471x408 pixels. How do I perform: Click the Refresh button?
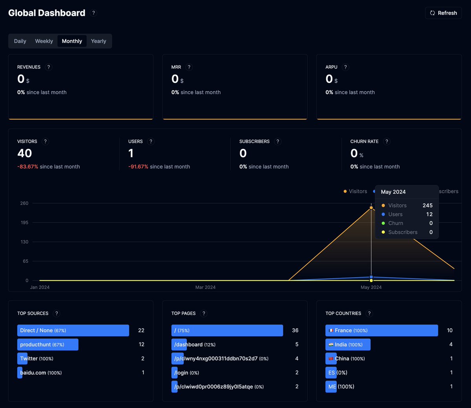click(443, 13)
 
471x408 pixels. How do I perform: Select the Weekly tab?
click(44, 41)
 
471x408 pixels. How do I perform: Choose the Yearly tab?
click(99, 41)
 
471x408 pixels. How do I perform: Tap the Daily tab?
click(20, 41)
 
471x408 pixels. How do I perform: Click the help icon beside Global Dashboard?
click(93, 13)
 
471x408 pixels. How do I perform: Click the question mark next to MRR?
click(189, 67)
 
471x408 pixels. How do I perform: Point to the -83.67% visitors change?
click(27, 166)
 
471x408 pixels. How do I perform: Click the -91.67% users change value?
click(138, 166)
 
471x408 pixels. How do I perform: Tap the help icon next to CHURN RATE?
click(387, 141)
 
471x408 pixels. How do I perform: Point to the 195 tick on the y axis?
click(24, 223)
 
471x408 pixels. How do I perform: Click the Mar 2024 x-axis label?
click(205, 287)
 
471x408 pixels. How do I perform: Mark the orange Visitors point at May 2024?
click(371, 208)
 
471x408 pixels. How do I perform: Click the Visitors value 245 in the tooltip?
click(427, 205)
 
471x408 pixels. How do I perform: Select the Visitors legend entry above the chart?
click(355, 191)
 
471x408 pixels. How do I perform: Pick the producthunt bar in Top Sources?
click(48, 344)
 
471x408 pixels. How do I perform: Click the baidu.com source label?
click(33, 373)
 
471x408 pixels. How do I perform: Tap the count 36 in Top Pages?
click(295, 330)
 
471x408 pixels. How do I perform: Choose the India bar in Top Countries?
click(348, 344)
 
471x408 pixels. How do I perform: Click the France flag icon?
click(331, 330)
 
